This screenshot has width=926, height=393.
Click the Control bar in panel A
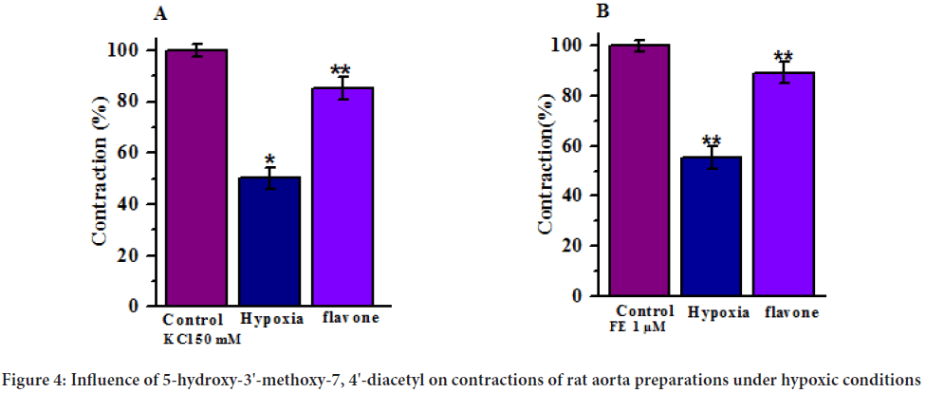196,178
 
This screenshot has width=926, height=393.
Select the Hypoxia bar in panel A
269,242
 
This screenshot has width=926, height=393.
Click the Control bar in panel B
642,171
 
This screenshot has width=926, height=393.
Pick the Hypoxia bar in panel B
711,227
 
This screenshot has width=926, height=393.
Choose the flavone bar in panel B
784,184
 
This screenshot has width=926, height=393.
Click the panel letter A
161,13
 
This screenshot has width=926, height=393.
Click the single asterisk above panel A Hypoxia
269,159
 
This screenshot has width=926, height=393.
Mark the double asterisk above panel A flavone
341,70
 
